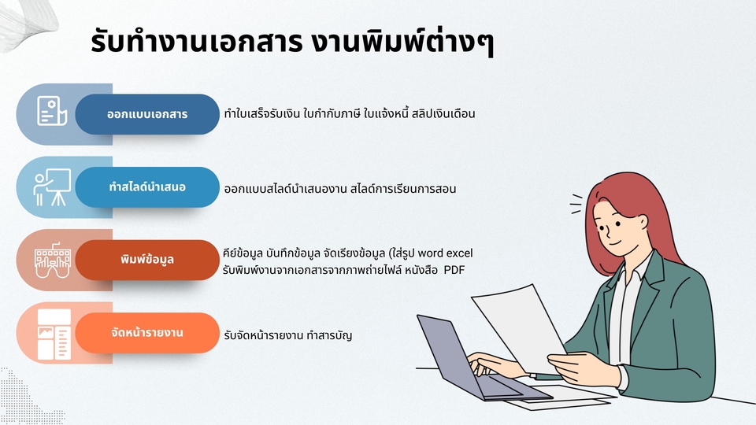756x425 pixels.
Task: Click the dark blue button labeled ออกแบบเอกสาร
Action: pyautogui.click(x=147, y=114)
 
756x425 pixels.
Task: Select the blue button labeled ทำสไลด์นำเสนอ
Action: pyautogui.click(x=147, y=187)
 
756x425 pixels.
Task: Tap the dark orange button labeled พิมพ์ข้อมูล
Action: pyautogui.click(x=147, y=260)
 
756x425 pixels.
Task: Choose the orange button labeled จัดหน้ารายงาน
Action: pyautogui.click(x=147, y=332)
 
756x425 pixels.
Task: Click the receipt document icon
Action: pyautogui.click(x=52, y=111)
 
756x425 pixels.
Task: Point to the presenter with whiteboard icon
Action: pyautogui.click(x=52, y=187)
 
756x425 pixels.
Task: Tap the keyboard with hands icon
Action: pyautogui.click(x=53, y=261)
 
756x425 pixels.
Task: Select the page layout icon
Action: pyautogui.click(x=54, y=334)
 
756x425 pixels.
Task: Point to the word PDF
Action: pyautogui.click(x=454, y=270)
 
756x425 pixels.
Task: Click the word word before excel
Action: pyautogui.click(x=430, y=253)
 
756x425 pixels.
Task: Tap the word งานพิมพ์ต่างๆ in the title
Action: pyautogui.click(x=402, y=42)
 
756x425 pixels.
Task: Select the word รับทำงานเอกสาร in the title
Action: pyautogui.click(x=196, y=42)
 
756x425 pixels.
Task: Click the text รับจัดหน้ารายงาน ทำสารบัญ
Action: pyautogui.click(x=288, y=335)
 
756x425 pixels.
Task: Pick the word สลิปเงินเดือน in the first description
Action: pyautogui.click(x=443, y=113)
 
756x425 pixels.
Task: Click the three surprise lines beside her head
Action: pyautogui.click(x=576, y=204)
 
